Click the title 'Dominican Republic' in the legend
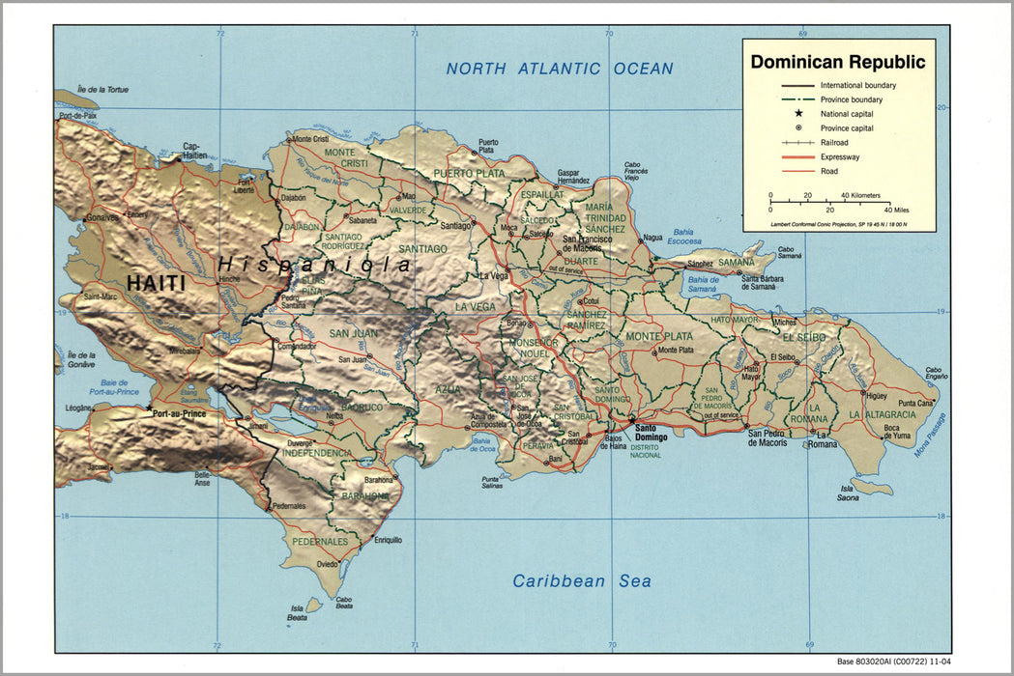pos(837,63)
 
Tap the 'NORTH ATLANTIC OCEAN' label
pos(560,69)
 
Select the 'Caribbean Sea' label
pos(581,581)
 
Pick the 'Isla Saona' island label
pos(850,493)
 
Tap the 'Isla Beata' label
pos(298,612)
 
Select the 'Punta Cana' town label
pos(916,403)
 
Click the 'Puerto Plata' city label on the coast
pos(488,146)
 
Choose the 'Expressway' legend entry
pos(839,156)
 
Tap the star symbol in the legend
pos(798,113)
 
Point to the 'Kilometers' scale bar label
pos(860,195)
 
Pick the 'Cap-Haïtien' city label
pos(195,151)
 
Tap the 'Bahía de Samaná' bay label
pos(702,284)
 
